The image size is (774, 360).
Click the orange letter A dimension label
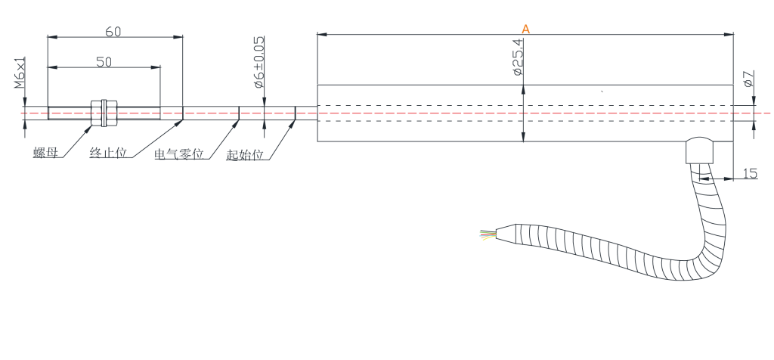[526, 29]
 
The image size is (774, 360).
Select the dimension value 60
[113, 31]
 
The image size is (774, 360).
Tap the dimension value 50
[104, 62]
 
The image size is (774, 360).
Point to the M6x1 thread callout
[20, 73]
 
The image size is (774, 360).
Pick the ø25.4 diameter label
[518, 58]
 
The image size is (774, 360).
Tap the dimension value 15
[749, 174]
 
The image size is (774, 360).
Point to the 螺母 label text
[46, 154]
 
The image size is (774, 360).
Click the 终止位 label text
[107, 154]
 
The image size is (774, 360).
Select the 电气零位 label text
[179, 154]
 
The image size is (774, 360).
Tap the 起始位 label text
[244, 154]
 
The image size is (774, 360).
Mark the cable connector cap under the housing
[698, 151]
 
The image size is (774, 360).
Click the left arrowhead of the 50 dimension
[51, 67]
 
